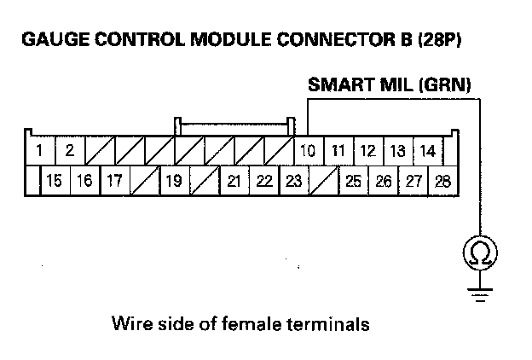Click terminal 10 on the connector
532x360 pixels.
coord(308,152)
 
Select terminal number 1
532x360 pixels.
coord(40,152)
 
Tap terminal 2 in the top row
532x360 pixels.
coord(69,152)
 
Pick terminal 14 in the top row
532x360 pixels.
coord(427,152)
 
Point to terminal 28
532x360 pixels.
coord(442,181)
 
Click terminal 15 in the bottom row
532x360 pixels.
coord(55,181)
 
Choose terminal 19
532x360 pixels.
coord(173,181)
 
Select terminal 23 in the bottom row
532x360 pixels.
coord(292,181)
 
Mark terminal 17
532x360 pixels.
coord(113,181)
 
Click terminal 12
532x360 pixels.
coord(367,152)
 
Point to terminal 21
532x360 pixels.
coord(233,181)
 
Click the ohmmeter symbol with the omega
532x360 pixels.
coord(480,253)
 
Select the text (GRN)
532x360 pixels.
coord(442,84)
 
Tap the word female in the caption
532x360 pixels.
coord(259,325)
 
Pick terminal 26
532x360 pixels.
coord(383,181)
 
